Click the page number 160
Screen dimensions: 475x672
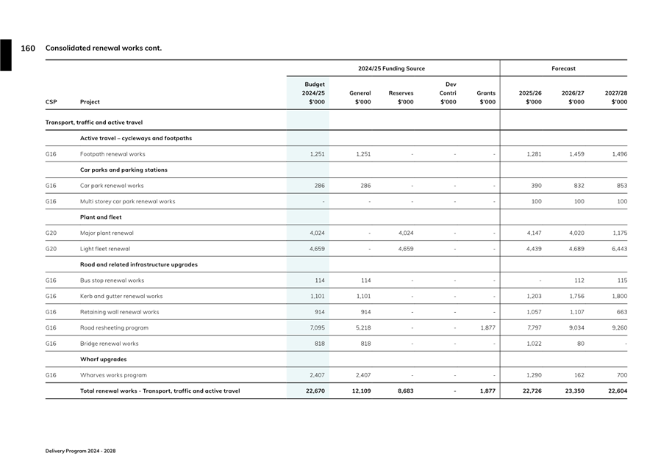click(27, 48)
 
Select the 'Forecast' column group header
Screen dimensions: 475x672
click(563, 68)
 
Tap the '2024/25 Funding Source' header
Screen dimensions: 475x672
click(391, 68)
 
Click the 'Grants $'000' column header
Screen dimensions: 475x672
click(486, 98)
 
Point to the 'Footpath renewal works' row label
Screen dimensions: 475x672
click(112, 154)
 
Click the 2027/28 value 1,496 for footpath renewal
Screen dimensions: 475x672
click(617, 154)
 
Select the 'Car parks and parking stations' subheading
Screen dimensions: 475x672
click(124, 170)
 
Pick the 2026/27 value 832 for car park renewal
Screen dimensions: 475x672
click(577, 186)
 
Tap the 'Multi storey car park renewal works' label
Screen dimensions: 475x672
click(127, 201)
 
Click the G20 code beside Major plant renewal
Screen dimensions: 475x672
click(51, 233)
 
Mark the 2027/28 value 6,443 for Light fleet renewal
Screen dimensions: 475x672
click(617, 249)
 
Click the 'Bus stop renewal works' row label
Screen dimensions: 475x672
click(112, 280)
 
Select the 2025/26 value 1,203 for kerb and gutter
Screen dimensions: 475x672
click(534, 297)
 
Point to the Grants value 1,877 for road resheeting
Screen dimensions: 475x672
click(487, 328)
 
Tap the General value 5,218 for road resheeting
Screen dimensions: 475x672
click(362, 328)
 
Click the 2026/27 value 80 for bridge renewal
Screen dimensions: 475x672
click(580, 344)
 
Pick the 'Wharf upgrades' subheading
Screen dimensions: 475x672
click(103, 360)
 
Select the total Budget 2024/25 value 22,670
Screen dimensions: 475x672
click(315, 391)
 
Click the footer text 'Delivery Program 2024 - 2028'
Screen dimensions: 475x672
click(80, 451)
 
